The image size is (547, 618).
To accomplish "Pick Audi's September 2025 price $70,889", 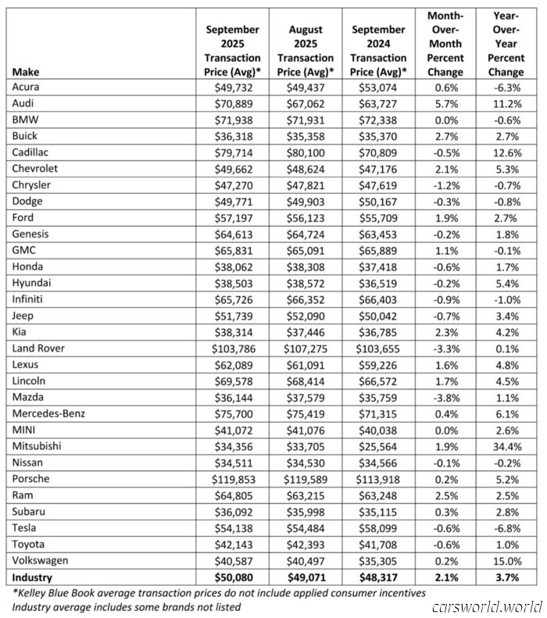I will coord(232,103).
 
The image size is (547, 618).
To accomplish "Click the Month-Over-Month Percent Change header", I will coord(447,43).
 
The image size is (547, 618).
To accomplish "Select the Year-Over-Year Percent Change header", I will coord(508,43).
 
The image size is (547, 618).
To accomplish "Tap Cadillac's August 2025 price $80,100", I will coord(306,152).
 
